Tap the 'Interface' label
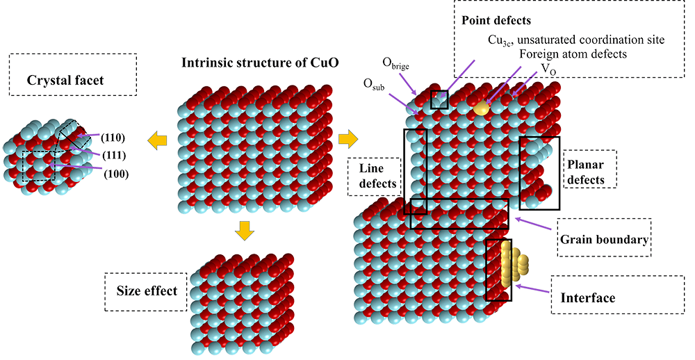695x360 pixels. (x=587, y=298)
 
